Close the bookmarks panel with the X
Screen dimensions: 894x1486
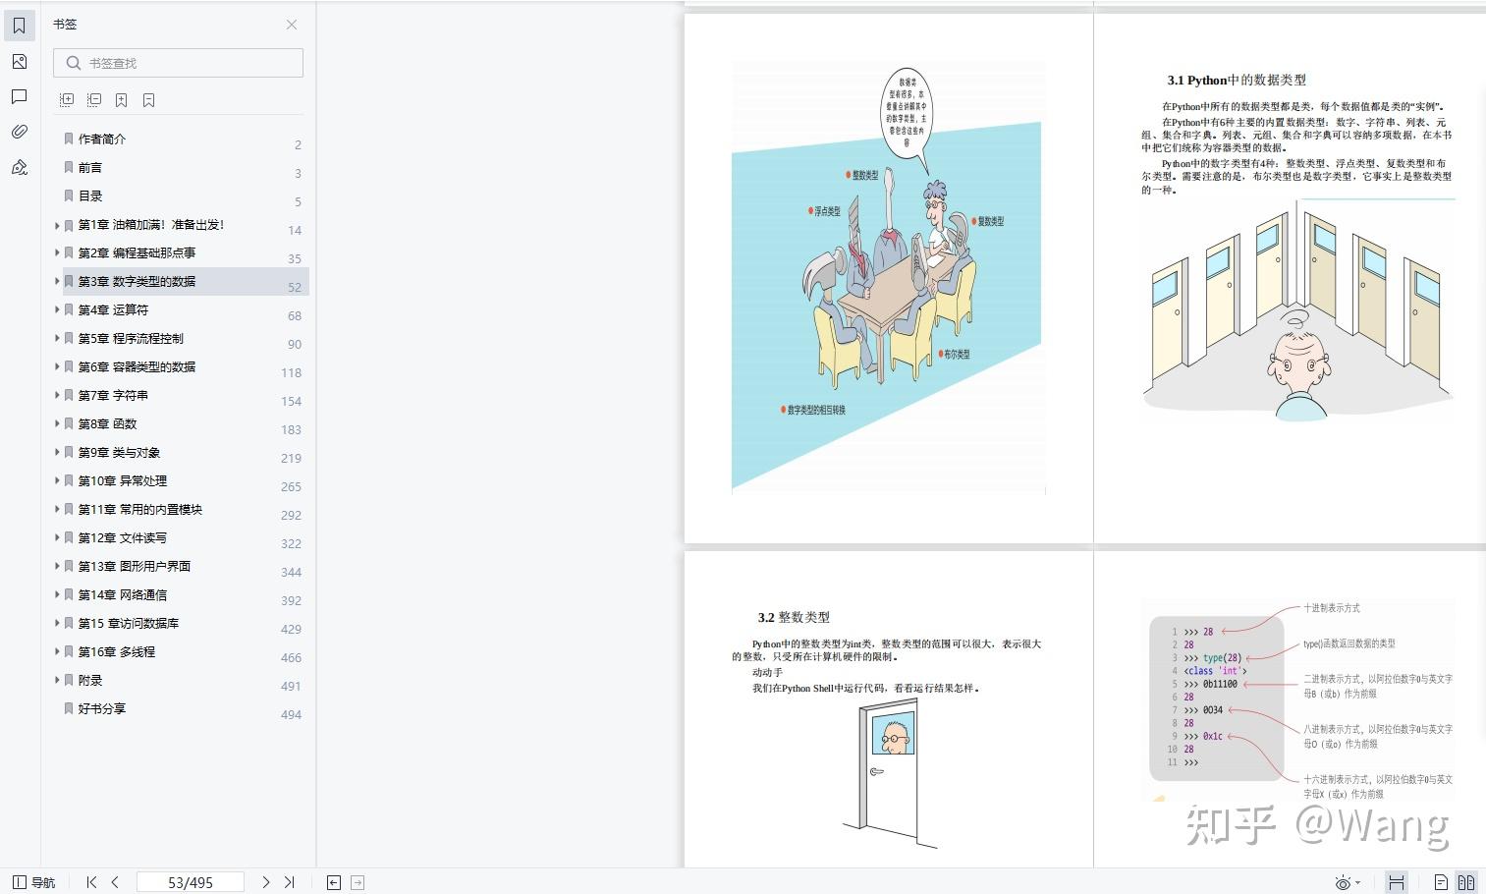pos(292,25)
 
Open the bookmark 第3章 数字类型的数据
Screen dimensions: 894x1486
pos(137,281)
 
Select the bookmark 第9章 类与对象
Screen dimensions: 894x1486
pos(119,452)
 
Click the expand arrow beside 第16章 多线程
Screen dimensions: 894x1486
pos(57,651)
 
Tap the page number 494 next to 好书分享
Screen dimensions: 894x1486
pos(291,714)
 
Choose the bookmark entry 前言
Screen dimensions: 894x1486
pos(90,167)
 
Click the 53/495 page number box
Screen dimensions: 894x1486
pos(191,882)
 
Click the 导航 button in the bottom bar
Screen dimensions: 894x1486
pos(34,882)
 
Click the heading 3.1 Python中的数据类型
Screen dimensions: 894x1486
pos(1237,81)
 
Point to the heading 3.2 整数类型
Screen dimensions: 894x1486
pos(794,617)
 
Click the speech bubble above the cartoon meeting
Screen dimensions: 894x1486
pos(907,111)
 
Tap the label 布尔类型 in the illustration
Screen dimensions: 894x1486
pos(956,354)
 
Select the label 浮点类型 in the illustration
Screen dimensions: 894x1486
pos(825,211)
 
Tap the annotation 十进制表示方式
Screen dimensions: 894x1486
pos(1332,608)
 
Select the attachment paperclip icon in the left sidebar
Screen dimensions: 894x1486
pos(20,132)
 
